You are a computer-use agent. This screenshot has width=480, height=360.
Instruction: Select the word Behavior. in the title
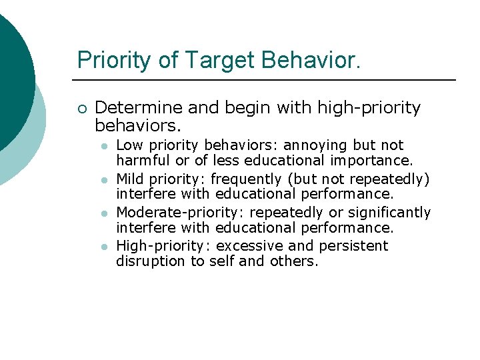(311, 60)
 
